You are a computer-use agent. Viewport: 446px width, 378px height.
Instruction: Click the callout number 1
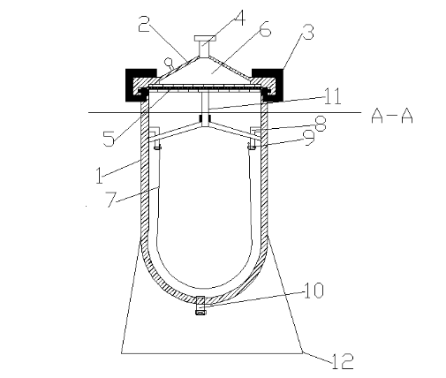(100, 175)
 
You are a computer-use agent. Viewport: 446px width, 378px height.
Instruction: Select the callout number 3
(307, 32)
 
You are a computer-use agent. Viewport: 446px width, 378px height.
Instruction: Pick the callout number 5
(109, 139)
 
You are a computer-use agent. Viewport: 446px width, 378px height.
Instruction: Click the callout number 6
(266, 28)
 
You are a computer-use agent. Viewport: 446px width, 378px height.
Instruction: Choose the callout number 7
(111, 199)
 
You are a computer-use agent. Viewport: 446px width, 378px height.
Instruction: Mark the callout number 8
(321, 124)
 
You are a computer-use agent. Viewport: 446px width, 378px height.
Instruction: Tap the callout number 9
(310, 138)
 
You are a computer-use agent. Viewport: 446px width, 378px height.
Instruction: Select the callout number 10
(314, 291)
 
